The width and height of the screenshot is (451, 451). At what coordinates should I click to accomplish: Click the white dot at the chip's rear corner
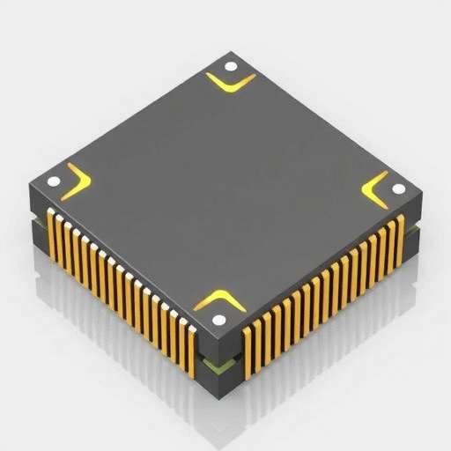pos(231,66)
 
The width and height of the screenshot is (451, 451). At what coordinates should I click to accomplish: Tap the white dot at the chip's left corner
pos(54,181)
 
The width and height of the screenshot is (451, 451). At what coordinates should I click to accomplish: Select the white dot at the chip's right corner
pos(398,189)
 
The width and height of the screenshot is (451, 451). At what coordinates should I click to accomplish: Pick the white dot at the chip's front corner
pos(219,320)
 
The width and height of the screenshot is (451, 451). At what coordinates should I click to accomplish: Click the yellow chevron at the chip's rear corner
pos(231,84)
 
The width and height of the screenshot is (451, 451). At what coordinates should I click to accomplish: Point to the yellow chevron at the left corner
pos(78,181)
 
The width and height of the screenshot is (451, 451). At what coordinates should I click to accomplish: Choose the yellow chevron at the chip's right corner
pos(376,189)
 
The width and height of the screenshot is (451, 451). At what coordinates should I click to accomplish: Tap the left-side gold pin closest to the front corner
pos(191,349)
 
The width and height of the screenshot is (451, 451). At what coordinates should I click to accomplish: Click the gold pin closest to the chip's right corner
pos(401,238)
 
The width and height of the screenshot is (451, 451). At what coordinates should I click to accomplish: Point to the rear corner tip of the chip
pos(232,53)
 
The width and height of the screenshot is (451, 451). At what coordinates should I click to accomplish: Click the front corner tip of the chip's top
pos(218,336)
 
